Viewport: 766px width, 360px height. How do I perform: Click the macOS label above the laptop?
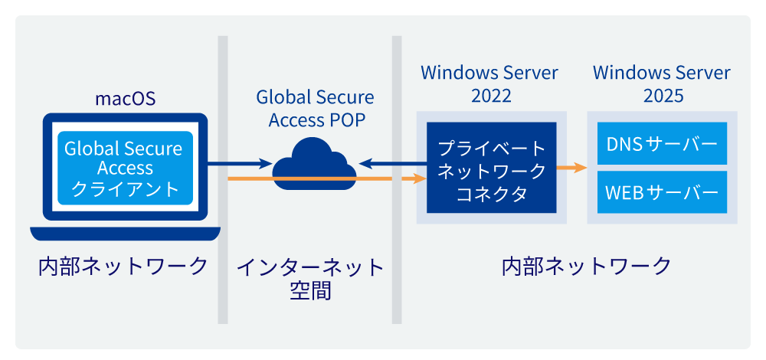pyautogui.click(x=125, y=99)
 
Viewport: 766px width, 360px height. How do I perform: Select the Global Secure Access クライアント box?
pyautogui.click(x=125, y=169)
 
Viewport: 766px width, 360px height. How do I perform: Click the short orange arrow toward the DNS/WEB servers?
pyautogui.click(x=571, y=166)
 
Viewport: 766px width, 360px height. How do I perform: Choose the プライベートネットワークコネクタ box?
pyautogui.click(x=491, y=169)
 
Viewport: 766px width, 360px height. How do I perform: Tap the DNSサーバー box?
pyautogui.click(x=662, y=144)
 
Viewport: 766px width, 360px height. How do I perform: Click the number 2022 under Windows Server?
pyautogui.click(x=491, y=97)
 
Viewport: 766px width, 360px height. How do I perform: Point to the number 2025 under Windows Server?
pyautogui.click(x=663, y=97)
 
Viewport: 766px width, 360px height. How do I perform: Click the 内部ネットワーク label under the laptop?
pyautogui.click(x=123, y=267)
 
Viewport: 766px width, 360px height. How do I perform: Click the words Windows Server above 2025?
pyautogui.click(x=663, y=73)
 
